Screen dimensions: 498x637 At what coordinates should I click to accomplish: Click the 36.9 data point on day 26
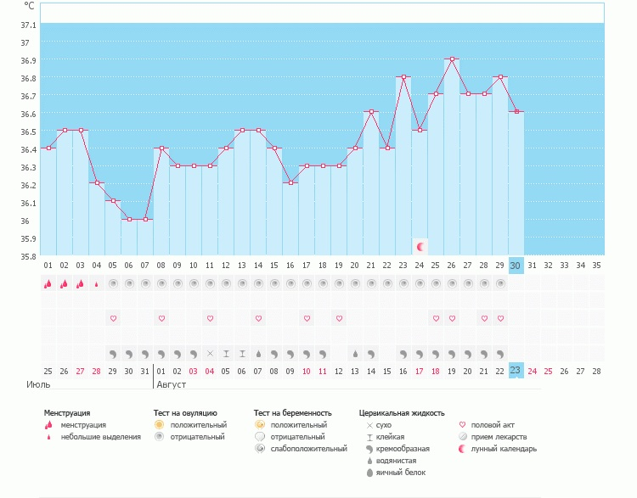452,59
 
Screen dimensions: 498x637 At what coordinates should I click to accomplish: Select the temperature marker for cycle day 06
129,220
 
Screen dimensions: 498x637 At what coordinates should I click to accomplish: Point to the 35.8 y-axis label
28,256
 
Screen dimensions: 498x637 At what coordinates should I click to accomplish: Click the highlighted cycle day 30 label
516,266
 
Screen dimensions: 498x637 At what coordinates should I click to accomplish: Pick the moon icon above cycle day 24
420,247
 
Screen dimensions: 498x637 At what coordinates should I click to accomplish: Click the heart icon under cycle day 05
113,318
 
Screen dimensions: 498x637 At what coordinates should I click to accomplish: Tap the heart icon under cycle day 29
500,318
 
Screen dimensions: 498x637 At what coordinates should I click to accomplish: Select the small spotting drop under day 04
96,284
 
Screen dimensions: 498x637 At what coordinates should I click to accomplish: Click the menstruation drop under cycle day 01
48,284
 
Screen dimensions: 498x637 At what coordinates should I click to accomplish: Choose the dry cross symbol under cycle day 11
210,353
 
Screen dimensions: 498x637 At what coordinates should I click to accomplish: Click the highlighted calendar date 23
516,370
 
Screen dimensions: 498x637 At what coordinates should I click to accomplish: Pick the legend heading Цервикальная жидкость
402,413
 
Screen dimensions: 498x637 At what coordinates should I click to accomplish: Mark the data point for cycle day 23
403,77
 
